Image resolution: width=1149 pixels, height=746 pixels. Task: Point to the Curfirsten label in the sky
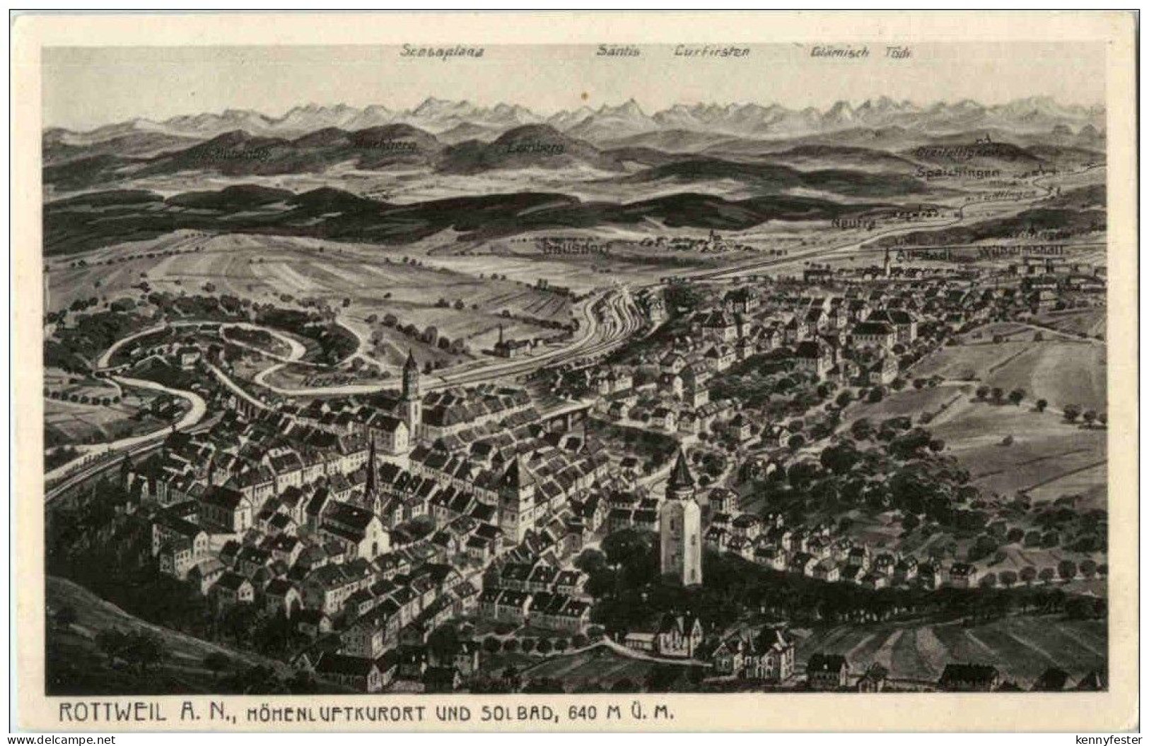click(711, 51)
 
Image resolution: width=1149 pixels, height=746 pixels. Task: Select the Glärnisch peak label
click(840, 52)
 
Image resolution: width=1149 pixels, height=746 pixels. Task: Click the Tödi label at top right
click(898, 52)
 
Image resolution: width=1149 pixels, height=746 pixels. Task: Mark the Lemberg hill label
click(525, 148)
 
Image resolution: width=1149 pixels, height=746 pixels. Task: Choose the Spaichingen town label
click(958, 172)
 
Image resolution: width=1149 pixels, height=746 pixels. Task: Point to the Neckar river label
click(327, 380)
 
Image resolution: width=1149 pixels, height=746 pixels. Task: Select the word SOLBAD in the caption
click(517, 712)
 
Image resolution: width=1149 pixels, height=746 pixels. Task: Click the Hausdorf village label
click(577, 247)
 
